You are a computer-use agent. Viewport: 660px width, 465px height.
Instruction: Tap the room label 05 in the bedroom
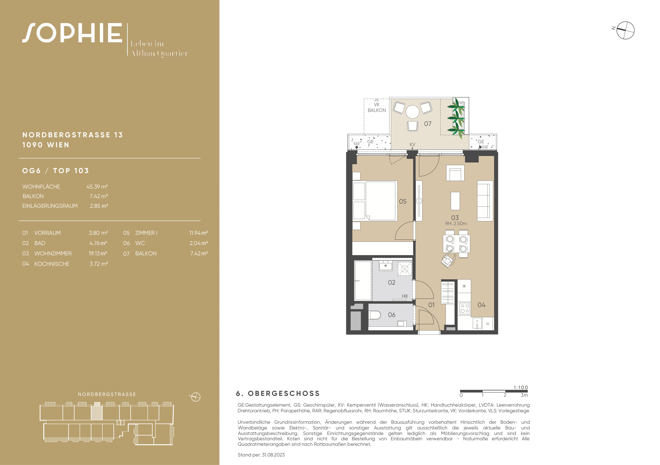click(403, 201)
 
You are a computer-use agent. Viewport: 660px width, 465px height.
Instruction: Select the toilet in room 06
click(375, 315)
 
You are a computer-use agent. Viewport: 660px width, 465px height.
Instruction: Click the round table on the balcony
click(413, 112)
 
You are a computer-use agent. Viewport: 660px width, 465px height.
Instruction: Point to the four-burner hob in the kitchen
click(465, 308)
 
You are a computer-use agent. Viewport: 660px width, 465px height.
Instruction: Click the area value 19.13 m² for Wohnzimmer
click(98, 253)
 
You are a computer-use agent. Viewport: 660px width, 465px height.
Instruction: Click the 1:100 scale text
click(521, 387)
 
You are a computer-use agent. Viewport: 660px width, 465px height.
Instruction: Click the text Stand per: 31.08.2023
click(261, 455)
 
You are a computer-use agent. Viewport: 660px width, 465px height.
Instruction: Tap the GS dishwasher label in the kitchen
click(487, 324)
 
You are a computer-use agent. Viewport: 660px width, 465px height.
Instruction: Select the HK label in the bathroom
click(405, 296)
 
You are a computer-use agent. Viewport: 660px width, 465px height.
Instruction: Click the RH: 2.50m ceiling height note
click(456, 224)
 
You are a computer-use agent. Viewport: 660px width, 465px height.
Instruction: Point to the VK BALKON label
click(377, 107)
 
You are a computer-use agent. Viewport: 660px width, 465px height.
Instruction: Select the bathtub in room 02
click(363, 281)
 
